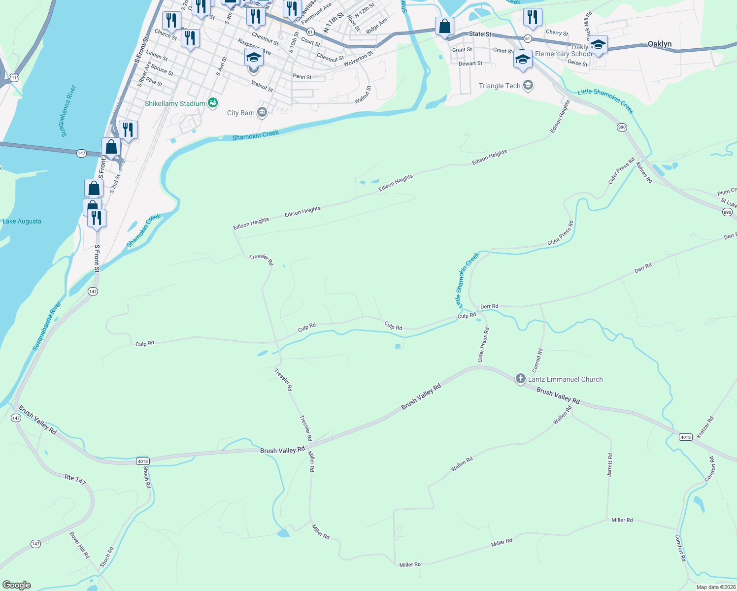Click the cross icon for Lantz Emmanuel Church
520,379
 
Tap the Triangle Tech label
500,86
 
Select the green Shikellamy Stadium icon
213,103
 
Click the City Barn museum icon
262,113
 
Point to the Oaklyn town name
660,44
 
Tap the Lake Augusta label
22,221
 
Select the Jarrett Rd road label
610,464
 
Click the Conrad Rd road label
537,361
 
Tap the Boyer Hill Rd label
80,545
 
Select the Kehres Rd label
644,172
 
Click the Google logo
17,585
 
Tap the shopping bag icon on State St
444,27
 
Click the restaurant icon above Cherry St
532,17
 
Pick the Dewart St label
470,63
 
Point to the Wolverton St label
358,59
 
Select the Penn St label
302,77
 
